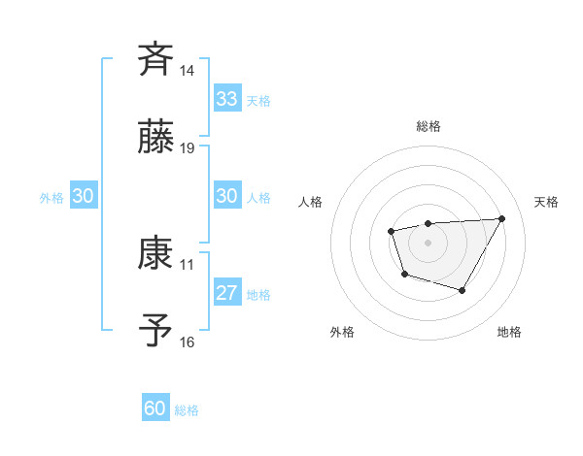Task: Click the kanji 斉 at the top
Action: (156, 59)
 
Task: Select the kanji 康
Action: (156, 253)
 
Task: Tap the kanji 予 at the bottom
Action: (156, 331)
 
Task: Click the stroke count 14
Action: (188, 71)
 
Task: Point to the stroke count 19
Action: (188, 148)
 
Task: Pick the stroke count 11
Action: (188, 264)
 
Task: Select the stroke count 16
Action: (188, 342)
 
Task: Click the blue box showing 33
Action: (227, 99)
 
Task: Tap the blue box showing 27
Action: (227, 293)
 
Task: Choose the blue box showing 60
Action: (155, 408)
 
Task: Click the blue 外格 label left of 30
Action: (51, 197)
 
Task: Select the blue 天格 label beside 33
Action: (258, 101)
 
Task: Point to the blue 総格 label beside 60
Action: (187, 410)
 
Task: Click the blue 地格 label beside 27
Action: (258, 295)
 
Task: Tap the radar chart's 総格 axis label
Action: (428, 127)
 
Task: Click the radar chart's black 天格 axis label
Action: (546, 202)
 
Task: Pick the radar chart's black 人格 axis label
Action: (311, 202)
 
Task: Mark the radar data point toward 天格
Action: (501, 218)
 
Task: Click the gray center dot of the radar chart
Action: (428, 241)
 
